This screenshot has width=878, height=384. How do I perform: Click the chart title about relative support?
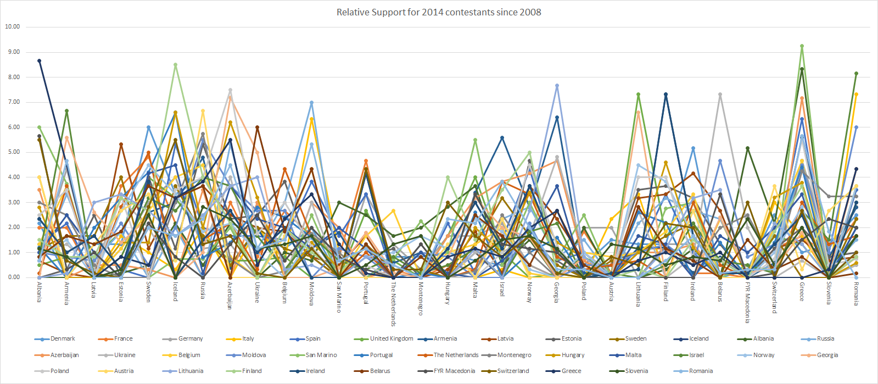pos(439,12)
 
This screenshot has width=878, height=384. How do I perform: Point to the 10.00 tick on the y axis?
pos(12,26)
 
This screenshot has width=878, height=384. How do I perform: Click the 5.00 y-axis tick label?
pos(12,152)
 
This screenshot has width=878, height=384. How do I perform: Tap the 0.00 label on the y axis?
pos(12,277)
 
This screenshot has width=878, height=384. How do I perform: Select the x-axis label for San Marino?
pos(339,297)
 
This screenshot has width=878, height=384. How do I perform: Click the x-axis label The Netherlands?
pos(393,304)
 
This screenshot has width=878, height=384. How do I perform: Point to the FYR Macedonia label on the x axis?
pos(747,303)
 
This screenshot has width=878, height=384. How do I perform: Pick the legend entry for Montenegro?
pos(514,355)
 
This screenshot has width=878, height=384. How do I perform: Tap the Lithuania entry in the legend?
pos(191,371)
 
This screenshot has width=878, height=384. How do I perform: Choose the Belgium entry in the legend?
pos(189,355)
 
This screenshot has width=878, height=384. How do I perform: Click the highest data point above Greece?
pos(802,46)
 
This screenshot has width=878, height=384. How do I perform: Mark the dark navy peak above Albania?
pos(40,60)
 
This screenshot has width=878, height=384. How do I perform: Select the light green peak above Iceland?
pos(176,64)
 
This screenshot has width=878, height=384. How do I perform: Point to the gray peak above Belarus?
pos(720,94)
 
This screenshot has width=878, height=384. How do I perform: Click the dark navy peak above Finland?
pos(666,94)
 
